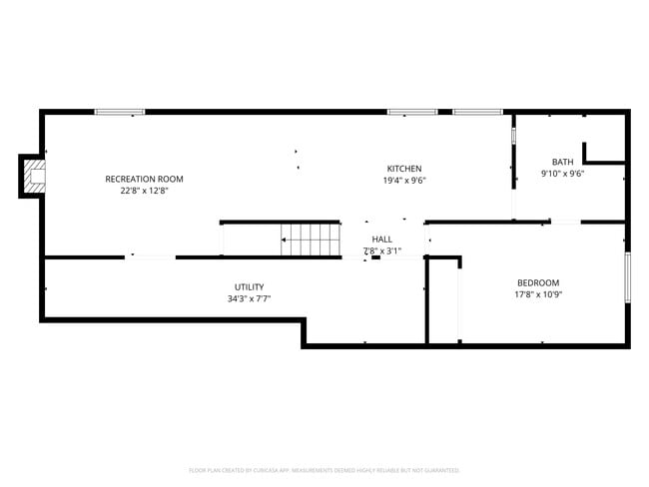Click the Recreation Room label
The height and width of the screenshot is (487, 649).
click(144, 179)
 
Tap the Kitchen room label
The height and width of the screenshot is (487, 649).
click(404, 168)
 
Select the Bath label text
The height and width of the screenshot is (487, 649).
click(562, 162)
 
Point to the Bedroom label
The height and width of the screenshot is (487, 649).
click(537, 282)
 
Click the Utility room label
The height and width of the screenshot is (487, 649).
click(250, 287)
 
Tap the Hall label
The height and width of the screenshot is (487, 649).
click(381, 240)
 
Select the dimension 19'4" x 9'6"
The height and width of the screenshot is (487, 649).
click(404, 181)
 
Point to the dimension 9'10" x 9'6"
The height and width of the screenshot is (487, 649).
click(562, 174)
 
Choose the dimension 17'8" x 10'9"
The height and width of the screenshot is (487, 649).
click(537, 294)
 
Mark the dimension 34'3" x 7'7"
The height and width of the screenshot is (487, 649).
click(250, 298)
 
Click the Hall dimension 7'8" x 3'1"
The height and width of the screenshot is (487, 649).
click(381, 251)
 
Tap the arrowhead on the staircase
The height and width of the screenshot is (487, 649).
click(285, 240)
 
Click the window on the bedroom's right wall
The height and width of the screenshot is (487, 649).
click(628, 277)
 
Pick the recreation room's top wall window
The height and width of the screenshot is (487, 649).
click(120, 112)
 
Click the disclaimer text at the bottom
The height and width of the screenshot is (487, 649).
click(324, 469)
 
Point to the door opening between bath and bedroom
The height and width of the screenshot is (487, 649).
click(565, 222)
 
